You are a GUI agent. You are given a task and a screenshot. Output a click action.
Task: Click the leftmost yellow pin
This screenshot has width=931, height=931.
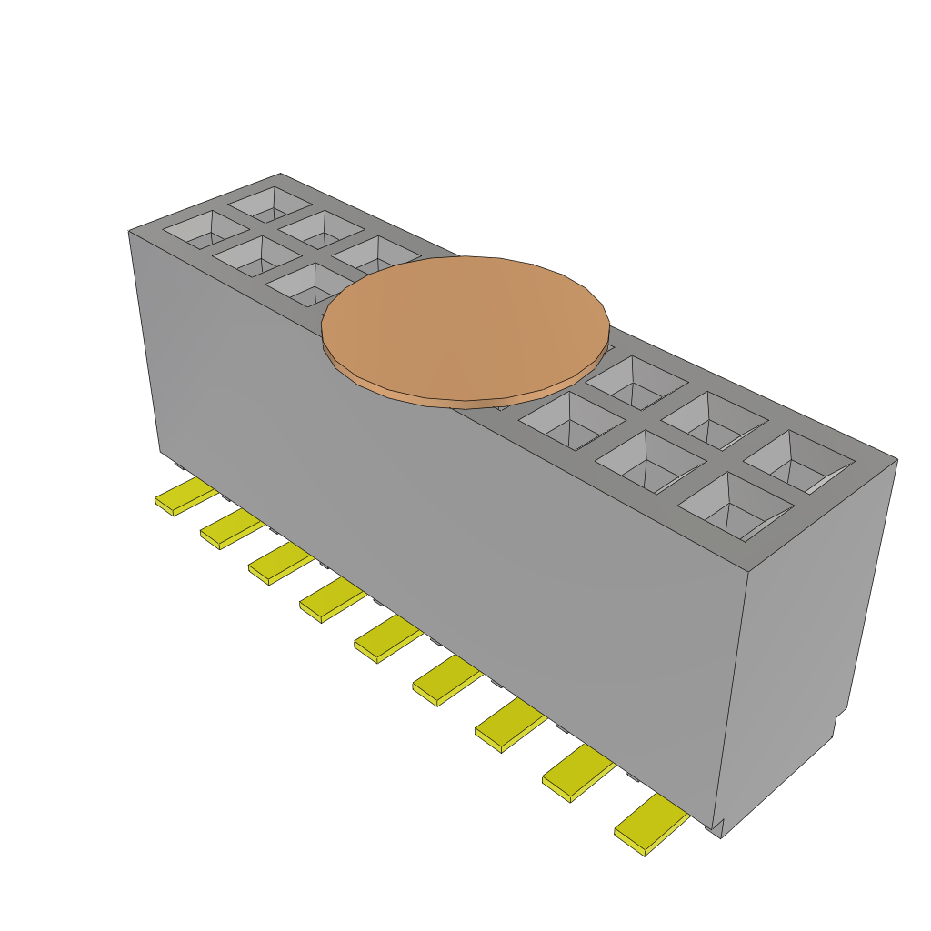tap(185, 499)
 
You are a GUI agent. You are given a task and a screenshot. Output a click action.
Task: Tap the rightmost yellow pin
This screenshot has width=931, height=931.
tap(650, 826)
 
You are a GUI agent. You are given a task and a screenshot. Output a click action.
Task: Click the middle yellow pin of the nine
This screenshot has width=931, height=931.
tap(387, 640)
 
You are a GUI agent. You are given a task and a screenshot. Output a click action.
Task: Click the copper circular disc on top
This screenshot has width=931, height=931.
tap(465, 327)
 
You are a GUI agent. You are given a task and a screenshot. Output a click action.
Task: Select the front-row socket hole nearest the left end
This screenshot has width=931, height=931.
tap(205, 230)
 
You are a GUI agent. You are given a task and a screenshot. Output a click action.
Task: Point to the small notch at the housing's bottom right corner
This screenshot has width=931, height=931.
tap(716, 827)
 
